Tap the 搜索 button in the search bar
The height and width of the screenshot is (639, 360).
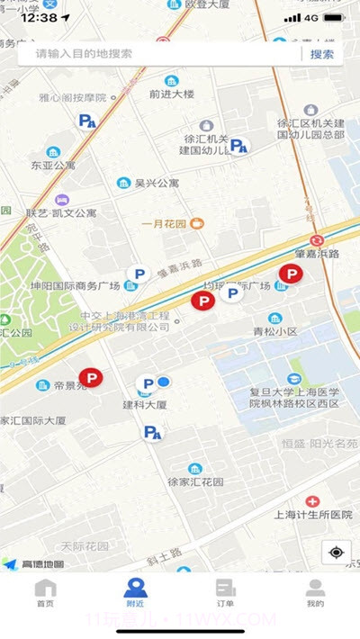pos(321,54)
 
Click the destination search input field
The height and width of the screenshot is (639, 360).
pos(162,54)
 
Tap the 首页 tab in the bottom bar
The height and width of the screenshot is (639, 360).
pos(45,594)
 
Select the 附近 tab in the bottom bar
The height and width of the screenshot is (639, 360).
pos(135,594)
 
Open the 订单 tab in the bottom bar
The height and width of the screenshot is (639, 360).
pos(225,594)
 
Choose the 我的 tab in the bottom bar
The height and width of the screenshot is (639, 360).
pos(315,594)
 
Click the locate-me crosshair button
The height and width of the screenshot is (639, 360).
pos(336,552)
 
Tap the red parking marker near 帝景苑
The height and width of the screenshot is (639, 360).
pos(91,379)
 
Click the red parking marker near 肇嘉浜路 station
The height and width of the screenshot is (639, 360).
pos(291,274)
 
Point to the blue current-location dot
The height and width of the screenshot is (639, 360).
pos(164,382)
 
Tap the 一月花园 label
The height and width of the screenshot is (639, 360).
pos(165,223)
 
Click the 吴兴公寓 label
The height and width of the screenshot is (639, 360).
pos(157,183)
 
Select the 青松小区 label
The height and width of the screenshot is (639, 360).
pos(300,331)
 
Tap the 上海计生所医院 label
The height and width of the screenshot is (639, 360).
pos(310,515)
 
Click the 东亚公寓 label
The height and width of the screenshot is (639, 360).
pos(53,166)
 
